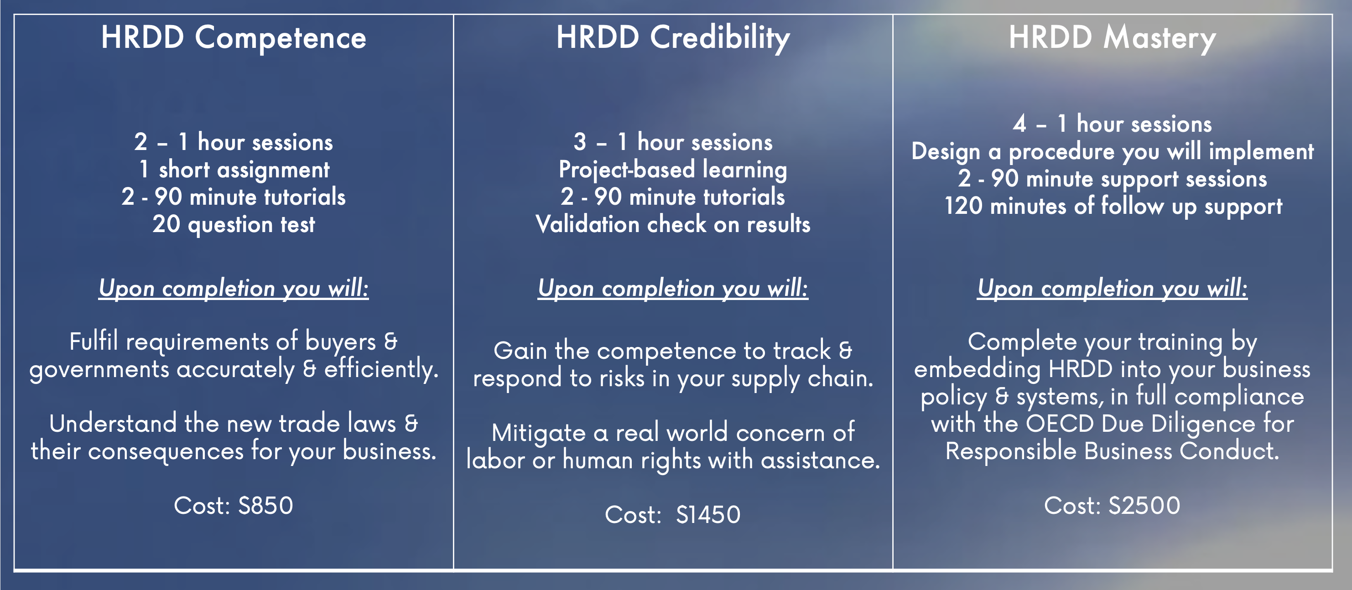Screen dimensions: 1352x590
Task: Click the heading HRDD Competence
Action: click(234, 38)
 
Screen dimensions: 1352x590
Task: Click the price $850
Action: click(265, 506)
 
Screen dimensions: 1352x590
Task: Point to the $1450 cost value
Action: click(708, 514)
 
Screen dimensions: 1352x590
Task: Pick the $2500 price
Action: click(1144, 506)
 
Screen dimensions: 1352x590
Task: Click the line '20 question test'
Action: click(234, 224)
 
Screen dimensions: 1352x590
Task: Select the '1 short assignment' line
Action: click(234, 170)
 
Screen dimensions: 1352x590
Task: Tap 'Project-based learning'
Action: click(673, 170)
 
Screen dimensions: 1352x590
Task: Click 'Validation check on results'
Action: click(673, 224)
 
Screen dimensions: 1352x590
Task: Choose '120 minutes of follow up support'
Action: click(1113, 206)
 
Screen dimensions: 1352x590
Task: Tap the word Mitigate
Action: click(539, 434)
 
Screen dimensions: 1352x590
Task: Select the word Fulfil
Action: click(94, 341)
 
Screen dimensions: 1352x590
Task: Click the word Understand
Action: click(113, 423)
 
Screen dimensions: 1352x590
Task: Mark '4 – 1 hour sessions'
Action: click(1112, 124)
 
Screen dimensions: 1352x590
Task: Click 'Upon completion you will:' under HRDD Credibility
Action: click(673, 289)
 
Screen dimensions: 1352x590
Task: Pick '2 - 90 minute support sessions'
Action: click(1112, 179)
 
